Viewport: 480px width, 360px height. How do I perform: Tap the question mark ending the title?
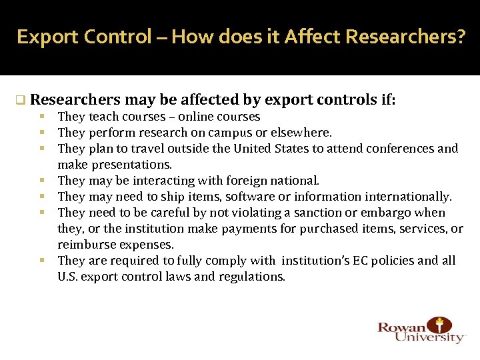[x=461, y=37]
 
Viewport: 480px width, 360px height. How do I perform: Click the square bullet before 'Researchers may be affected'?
[x=21, y=101]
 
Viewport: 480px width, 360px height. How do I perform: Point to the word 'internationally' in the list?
[x=413, y=197]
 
